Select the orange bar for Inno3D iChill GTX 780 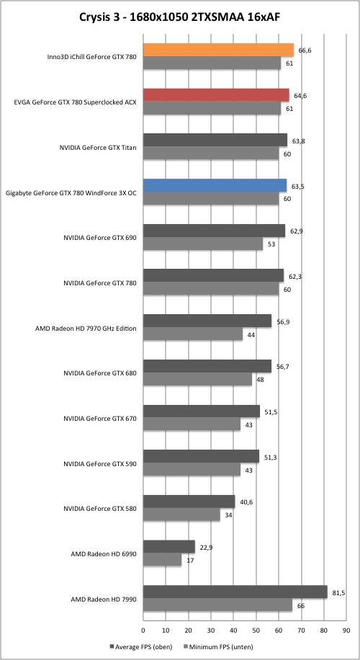tap(219, 50)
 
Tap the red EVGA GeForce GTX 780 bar tap(216, 95)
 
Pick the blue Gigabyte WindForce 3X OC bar tap(215, 186)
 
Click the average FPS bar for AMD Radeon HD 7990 tap(235, 592)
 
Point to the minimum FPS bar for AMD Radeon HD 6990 tap(162, 559)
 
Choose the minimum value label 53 tap(269, 244)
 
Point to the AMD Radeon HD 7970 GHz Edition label tap(86, 329)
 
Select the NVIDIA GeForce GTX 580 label tap(100, 509)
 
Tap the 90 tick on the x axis tap(346, 630)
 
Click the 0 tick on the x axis tap(143, 630)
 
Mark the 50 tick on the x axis tap(256, 630)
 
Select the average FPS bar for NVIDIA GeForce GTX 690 tap(214, 231)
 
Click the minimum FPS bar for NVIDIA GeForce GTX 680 tap(198, 379)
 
